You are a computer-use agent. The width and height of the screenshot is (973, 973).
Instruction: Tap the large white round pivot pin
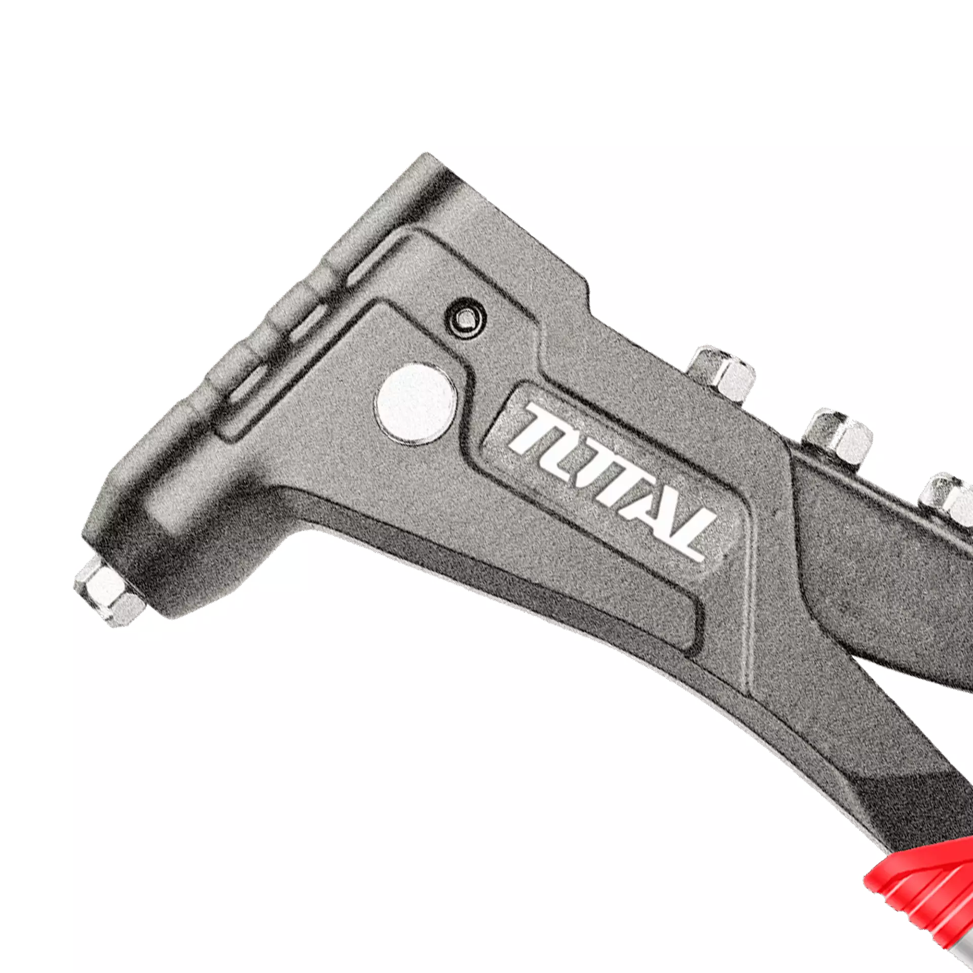(415, 400)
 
